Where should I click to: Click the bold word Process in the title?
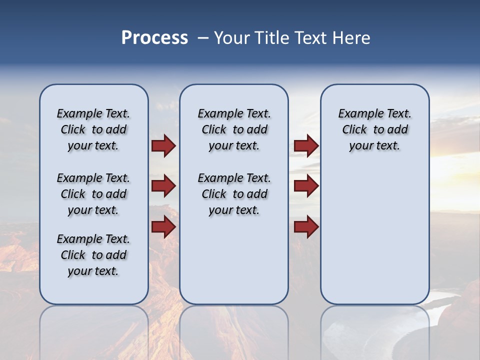[154, 38]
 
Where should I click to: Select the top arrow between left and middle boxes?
[163, 146]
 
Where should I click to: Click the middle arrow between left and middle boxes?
[163, 186]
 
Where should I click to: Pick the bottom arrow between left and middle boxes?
[163, 226]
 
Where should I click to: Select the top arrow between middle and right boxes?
[306, 146]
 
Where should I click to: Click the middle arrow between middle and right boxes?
[306, 186]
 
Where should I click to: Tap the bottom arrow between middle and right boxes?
[306, 226]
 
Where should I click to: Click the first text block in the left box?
[93, 129]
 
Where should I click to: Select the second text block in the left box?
[93, 194]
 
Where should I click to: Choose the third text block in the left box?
[93, 255]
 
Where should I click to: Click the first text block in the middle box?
[234, 129]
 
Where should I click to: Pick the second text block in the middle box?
[234, 194]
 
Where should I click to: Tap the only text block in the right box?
[375, 129]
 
